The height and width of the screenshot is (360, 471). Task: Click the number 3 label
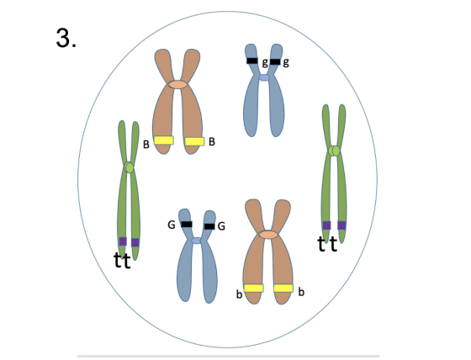point(66,38)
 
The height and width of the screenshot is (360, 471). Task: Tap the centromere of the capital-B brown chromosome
point(177,84)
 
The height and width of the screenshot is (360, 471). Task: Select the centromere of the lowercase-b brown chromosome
point(268,235)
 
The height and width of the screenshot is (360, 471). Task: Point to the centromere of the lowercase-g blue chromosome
point(264,78)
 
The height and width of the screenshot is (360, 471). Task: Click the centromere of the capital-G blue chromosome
point(197,241)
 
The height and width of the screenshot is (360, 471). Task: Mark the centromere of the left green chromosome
point(129,167)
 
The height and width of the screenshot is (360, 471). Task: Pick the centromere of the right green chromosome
point(334,151)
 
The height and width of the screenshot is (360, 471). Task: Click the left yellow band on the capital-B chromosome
point(164,140)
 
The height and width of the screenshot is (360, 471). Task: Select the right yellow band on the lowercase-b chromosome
point(283,289)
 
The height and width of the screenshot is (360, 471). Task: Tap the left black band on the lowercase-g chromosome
point(252,61)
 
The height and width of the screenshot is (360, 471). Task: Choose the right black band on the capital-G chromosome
point(209,226)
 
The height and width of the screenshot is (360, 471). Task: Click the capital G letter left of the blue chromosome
point(172,225)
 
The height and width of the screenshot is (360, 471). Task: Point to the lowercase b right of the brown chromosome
point(301,292)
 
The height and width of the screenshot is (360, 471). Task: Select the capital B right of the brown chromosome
point(212,141)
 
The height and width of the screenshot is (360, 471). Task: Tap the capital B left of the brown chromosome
point(146,145)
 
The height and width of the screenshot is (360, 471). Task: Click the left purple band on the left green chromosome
point(123,241)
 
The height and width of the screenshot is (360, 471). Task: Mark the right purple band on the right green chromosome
point(341,225)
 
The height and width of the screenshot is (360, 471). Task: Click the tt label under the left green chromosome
point(122,261)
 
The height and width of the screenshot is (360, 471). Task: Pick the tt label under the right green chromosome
point(327,244)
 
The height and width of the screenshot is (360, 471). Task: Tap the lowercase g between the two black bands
point(265,62)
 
